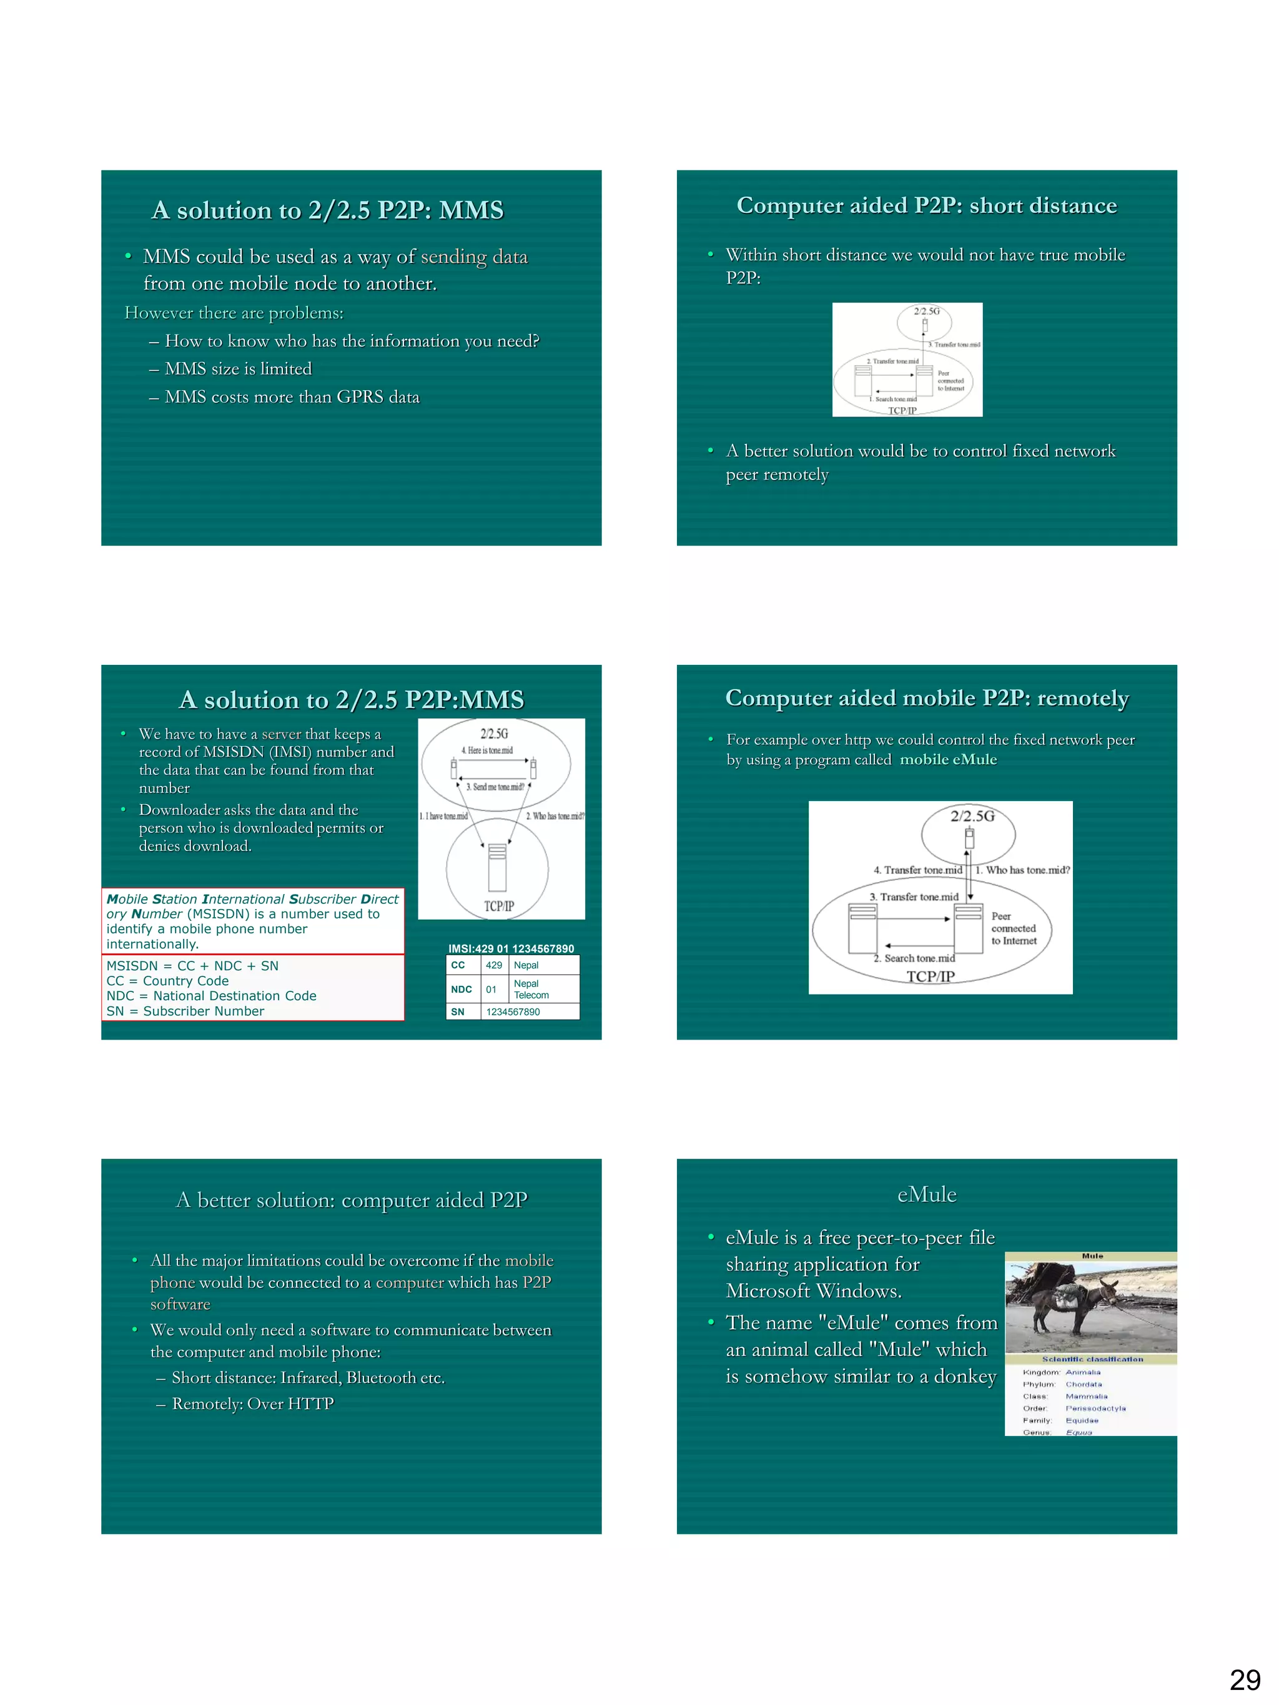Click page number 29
coord(1244,1679)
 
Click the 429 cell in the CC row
coord(493,965)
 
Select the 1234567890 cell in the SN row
coord(513,1012)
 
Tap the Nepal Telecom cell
coord(531,989)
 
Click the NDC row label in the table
coord(461,989)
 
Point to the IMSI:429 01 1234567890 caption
coord(511,948)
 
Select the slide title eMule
coord(926,1194)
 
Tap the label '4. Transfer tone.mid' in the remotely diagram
coord(917,870)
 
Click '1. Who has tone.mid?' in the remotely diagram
coord(1022,870)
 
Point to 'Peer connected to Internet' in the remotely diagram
coord(1013,928)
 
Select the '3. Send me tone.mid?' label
coord(495,787)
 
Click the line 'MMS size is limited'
coord(237,368)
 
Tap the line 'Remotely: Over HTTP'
coord(252,1403)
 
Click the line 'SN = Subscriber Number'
coord(185,1011)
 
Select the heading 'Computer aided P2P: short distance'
coord(926,205)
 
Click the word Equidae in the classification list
coord(1082,1420)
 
